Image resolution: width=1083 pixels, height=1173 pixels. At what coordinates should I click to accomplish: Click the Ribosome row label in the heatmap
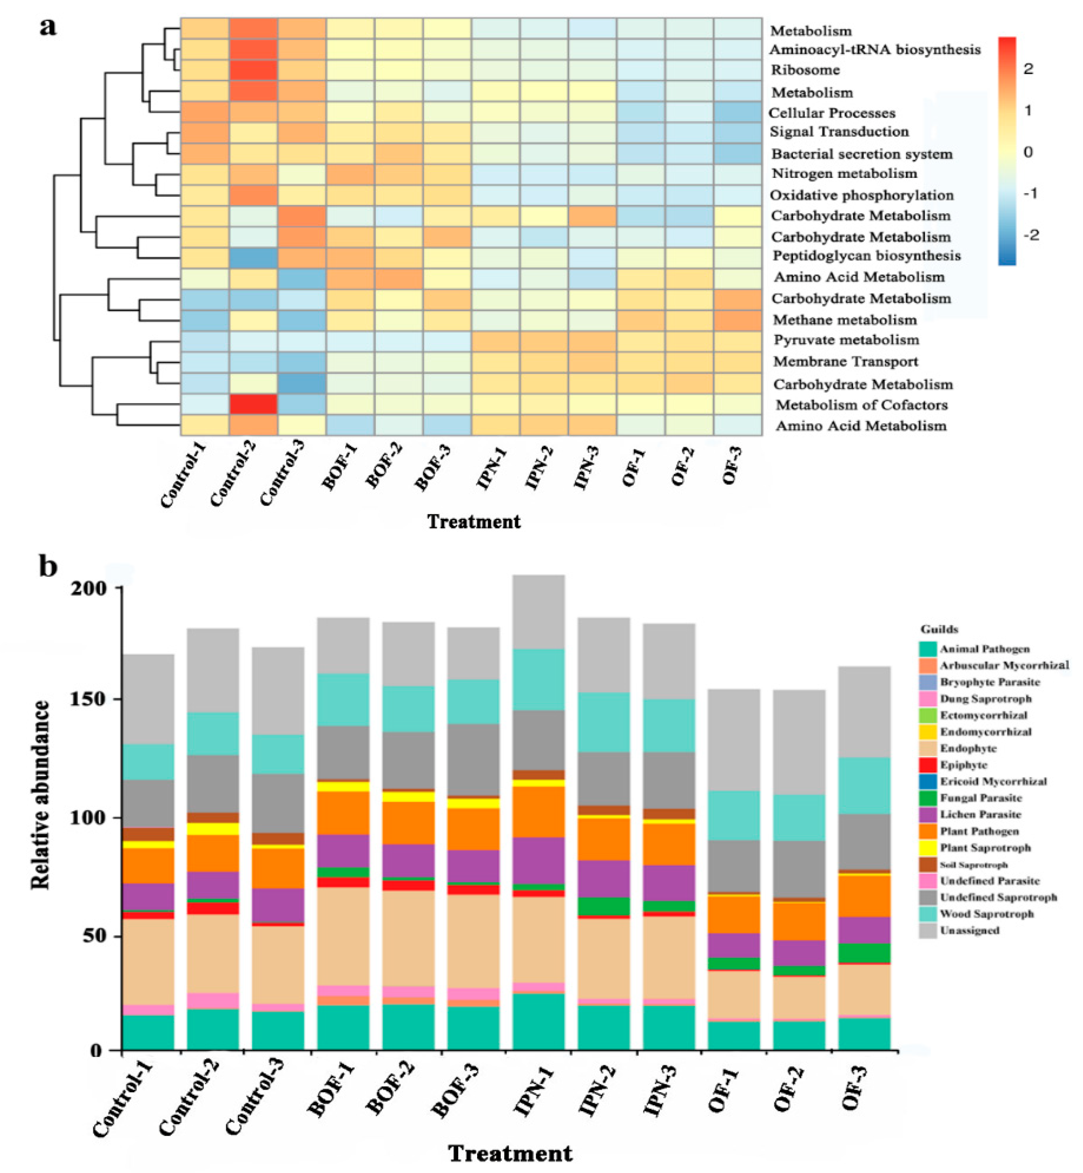point(805,70)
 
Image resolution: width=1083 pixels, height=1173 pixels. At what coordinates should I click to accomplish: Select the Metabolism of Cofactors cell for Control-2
point(253,404)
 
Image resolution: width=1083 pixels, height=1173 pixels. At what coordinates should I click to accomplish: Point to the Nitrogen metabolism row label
point(844,174)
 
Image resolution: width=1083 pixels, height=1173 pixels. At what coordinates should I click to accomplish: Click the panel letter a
point(48,26)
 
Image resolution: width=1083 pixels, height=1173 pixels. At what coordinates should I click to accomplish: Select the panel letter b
point(48,567)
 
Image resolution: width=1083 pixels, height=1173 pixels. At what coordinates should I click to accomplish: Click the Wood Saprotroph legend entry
point(987,914)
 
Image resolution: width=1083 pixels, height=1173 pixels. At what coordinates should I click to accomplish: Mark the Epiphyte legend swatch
point(928,765)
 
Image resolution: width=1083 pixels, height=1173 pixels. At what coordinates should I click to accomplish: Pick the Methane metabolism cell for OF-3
point(737,320)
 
